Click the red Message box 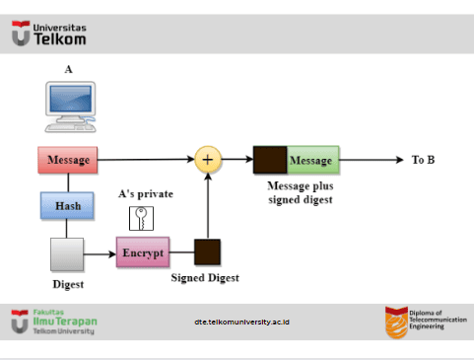click(68, 160)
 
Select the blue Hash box click(67, 206)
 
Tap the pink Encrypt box click(143, 252)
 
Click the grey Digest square click(67, 254)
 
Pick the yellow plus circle click(208, 160)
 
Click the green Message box click(312, 160)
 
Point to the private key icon click(141, 218)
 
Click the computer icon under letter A click(71, 107)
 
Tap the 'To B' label click(423, 160)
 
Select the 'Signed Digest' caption click(205, 278)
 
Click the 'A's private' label click(146, 194)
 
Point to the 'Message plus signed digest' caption click(301, 192)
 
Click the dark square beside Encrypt click(207, 252)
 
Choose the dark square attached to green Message click(270, 160)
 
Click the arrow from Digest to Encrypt click(100, 253)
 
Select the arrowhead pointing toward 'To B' click(400, 160)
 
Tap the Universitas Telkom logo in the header click(49, 34)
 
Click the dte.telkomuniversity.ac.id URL click(241, 322)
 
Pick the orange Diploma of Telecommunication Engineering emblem click(396, 323)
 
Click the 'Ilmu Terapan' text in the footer click(65, 322)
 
